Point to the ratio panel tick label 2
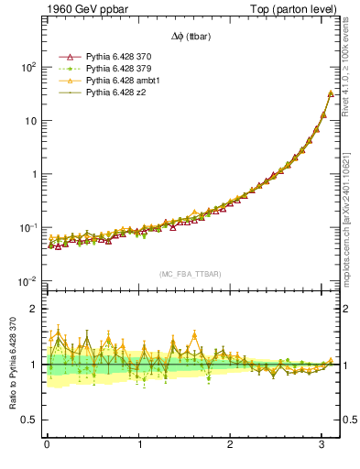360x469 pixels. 33,309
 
